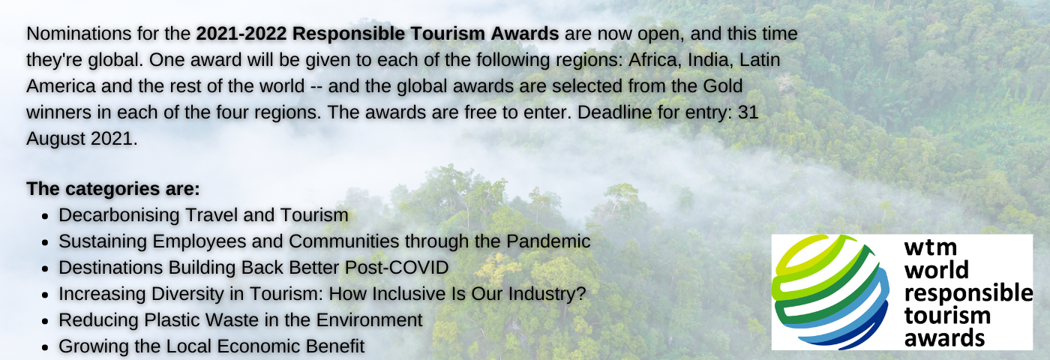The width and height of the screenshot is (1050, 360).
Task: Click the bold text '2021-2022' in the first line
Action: coord(241,34)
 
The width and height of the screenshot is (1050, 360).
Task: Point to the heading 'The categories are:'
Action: coord(113,188)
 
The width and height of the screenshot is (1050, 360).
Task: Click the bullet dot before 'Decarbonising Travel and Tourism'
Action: coord(45,217)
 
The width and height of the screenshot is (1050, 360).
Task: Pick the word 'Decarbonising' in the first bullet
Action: coord(119,215)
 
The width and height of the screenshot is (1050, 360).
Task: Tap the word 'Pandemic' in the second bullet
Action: coord(548,241)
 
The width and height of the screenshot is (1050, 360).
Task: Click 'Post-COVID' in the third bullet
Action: coord(397,268)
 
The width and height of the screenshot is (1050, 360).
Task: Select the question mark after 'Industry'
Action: coord(581,294)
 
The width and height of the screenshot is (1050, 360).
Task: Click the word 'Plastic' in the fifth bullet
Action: coord(172,320)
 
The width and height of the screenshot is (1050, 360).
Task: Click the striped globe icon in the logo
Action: coord(831,292)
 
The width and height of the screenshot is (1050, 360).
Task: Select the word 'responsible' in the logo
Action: coord(968,293)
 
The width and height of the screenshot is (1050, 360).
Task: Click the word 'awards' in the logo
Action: coord(944,337)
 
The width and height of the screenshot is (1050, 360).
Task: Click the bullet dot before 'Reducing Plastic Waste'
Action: coord(45,322)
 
